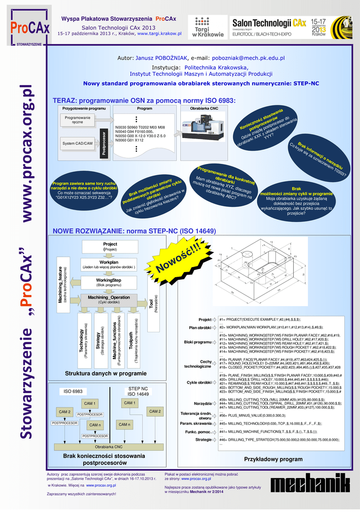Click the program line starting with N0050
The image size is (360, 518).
coord(144,136)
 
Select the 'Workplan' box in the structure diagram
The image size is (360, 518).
coord(109,265)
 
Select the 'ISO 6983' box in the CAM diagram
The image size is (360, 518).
coord(73,392)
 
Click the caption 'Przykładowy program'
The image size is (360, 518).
coord(266,459)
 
